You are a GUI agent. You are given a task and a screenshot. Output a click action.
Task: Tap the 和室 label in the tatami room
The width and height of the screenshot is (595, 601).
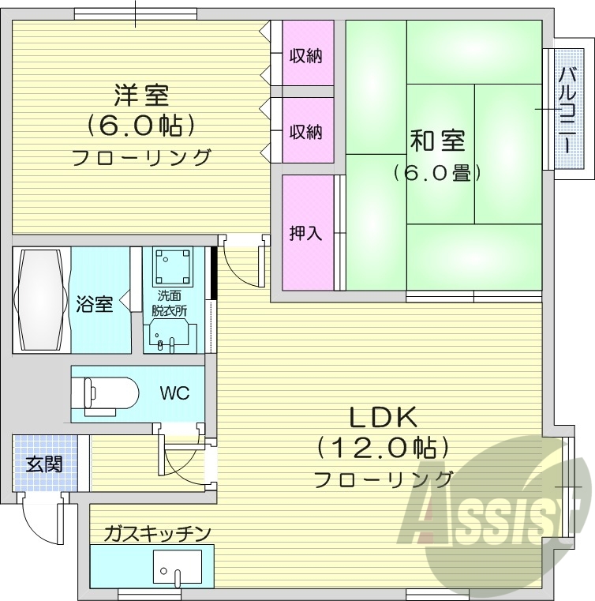tap(437, 141)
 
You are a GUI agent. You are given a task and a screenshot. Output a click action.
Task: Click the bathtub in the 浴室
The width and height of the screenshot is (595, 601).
tap(40, 300)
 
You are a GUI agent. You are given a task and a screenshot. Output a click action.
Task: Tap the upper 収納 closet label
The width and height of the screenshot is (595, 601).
tap(305, 56)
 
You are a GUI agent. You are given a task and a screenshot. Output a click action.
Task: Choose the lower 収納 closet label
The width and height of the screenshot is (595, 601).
tap(305, 131)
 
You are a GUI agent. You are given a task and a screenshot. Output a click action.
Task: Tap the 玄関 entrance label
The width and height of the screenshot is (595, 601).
tap(46, 464)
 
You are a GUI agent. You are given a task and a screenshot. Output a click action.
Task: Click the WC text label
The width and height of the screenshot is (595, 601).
tap(174, 393)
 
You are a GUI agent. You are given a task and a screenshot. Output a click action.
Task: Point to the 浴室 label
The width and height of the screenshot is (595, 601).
tap(94, 303)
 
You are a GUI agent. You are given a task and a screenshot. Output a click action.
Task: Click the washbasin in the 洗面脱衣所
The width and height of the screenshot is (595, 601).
tap(167, 338)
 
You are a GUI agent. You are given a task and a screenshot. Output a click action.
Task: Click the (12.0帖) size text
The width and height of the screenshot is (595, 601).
tap(384, 449)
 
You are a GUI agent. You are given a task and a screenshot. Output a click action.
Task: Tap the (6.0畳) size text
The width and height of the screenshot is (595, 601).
tap(437, 172)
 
